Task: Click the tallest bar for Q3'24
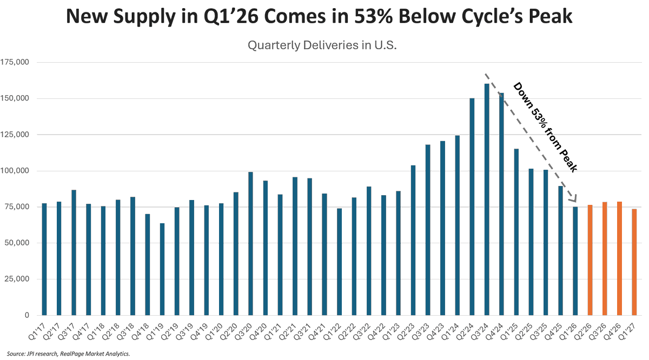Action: [487, 199]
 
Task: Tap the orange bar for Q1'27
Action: [634, 262]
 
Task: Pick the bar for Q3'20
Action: [250, 244]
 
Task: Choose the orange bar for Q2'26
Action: [590, 260]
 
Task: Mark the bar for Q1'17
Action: [44, 259]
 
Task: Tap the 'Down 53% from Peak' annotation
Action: [545, 128]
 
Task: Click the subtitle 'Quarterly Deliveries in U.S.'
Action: [322, 45]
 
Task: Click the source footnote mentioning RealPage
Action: [67, 354]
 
